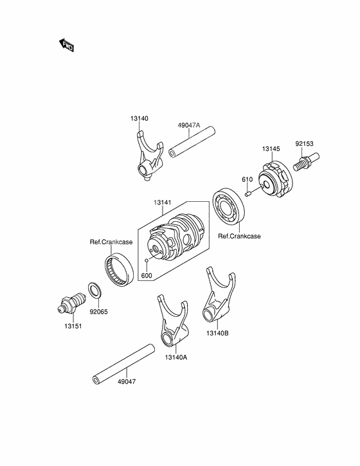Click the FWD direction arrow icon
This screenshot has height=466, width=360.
click(66, 45)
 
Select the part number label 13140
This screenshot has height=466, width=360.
click(139, 118)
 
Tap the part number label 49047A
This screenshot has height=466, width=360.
click(189, 126)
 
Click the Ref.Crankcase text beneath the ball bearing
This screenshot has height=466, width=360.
click(239, 237)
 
